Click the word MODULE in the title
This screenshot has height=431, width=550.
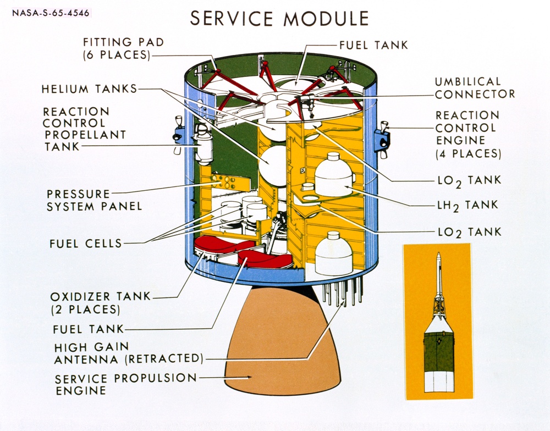[x=326, y=18]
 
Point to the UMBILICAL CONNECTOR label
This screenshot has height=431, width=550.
[x=475, y=87]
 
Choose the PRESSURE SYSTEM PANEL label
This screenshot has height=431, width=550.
[x=94, y=200]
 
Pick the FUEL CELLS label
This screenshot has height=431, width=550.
[x=85, y=243]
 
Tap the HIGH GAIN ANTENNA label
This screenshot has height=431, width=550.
[x=129, y=353]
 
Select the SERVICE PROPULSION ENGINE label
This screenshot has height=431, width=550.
[x=126, y=384]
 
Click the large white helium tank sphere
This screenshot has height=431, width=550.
[x=274, y=163]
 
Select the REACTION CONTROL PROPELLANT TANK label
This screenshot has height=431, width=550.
[x=84, y=129]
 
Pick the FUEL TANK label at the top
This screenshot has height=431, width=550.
[x=373, y=45]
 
